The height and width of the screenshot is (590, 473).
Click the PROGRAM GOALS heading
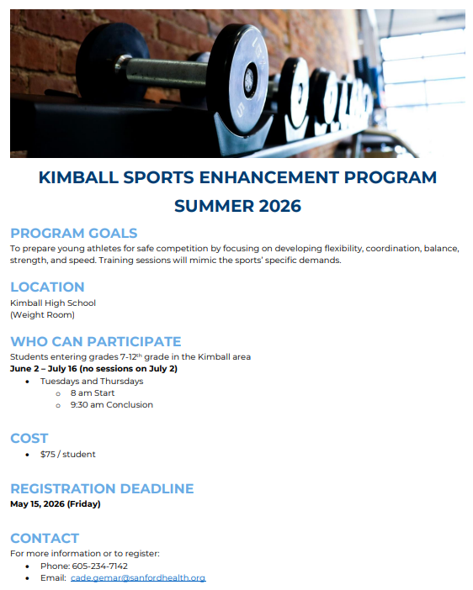[x=73, y=234]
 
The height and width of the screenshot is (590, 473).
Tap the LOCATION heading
[x=47, y=287]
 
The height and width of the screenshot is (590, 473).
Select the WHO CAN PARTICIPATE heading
[x=95, y=341]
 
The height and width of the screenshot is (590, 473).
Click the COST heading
[x=29, y=438]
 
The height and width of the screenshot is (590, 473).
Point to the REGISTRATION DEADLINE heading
[x=102, y=488]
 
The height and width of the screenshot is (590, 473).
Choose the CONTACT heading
[x=45, y=538]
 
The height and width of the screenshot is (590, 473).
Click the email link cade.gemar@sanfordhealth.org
[x=138, y=578]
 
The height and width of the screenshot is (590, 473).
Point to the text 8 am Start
[x=93, y=392]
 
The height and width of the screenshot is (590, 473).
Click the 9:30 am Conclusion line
[x=111, y=404]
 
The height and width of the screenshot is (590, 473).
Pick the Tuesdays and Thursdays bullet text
[x=92, y=381]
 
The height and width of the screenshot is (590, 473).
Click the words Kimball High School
[x=53, y=303]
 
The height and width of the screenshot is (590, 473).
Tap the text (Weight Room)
[x=42, y=315]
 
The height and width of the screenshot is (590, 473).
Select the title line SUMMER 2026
[x=237, y=206]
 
